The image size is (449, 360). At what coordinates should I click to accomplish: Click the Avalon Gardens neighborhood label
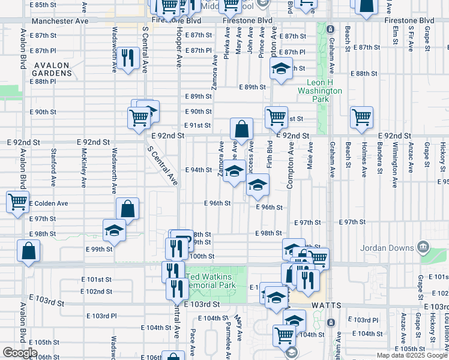pos(53,69)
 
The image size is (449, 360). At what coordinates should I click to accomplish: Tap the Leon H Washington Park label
pos(321,86)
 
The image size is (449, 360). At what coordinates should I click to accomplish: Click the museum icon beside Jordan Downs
pos(423,247)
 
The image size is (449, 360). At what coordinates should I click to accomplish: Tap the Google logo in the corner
pos(19,353)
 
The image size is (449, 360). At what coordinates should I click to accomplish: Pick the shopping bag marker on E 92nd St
pos(241,129)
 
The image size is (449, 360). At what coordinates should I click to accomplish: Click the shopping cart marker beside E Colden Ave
pos(17,202)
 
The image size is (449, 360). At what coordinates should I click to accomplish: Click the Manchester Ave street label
pos(60,20)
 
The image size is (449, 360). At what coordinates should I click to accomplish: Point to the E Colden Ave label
pos(49,203)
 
